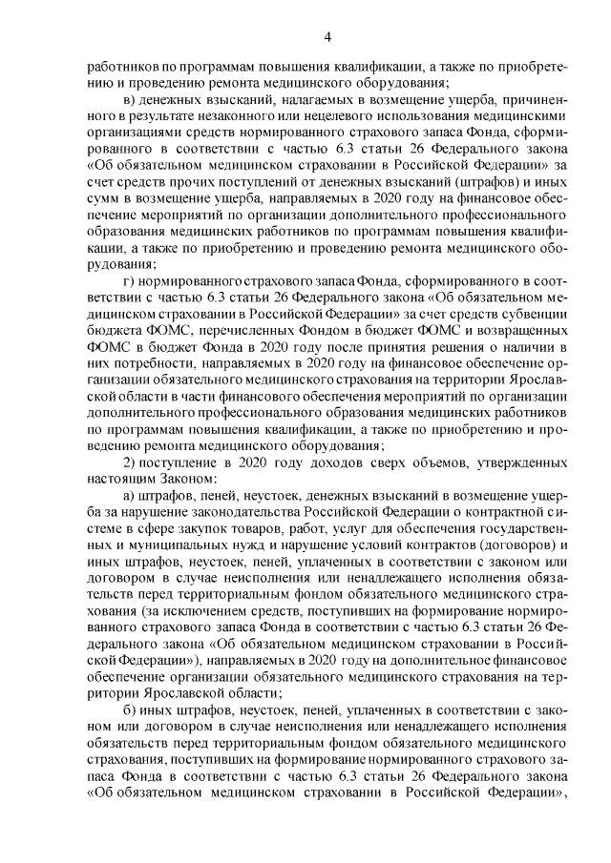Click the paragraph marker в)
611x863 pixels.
134,100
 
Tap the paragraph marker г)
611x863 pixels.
133,282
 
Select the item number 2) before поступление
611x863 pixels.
133,463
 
